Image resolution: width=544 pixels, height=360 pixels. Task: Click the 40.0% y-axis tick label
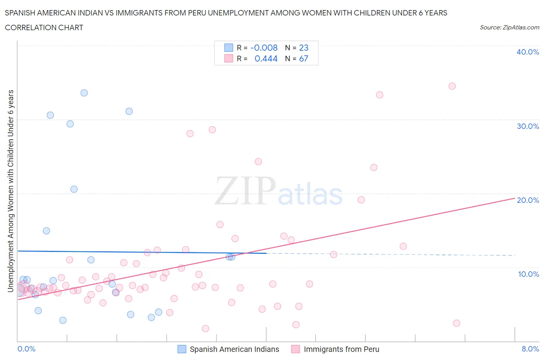click(x=527, y=52)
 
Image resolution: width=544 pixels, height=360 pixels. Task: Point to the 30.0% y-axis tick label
click(x=527, y=126)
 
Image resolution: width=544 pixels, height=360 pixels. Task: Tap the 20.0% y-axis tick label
click(x=527, y=200)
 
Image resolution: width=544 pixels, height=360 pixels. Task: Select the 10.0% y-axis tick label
click(x=528, y=274)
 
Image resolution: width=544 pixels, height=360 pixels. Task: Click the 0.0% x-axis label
click(x=26, y=349)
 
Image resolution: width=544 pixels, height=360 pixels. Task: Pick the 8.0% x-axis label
click(x=530, y=349)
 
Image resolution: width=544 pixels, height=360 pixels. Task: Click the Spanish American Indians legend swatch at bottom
click(x=182, y=349)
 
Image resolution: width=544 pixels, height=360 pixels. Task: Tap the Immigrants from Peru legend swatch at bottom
click(x=296, y=349)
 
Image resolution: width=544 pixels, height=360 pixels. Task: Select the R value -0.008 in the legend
click(x=264, y=48)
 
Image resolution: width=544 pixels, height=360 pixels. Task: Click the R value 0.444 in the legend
click(x=266, y=58)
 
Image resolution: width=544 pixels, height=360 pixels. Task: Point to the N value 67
click(x=304, y=58)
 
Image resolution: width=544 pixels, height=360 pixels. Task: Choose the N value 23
click(x=304, y=48)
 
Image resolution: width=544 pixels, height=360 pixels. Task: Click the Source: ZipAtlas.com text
click(x=509, y=27)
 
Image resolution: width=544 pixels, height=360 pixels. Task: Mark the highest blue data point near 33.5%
click(x=84, y=93)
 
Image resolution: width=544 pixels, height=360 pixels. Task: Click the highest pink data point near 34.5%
click(x=452, y=86)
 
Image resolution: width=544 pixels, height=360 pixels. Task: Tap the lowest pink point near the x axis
click(x=205, y=329)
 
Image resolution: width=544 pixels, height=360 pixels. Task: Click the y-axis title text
click(x=10, y=191)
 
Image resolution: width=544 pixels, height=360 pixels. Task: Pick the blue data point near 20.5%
click(x=74, y=189)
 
